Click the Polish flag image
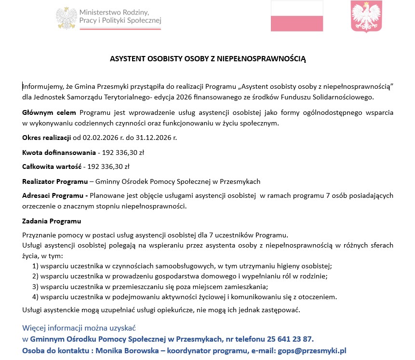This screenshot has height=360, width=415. (297, 16)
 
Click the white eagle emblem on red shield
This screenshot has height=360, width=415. (366, 16)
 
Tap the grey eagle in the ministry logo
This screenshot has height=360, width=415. (66, 18)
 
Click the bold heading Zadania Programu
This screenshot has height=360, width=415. (52, 221)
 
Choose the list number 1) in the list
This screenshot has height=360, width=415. (35, 266)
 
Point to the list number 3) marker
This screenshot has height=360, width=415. (35, 286)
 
